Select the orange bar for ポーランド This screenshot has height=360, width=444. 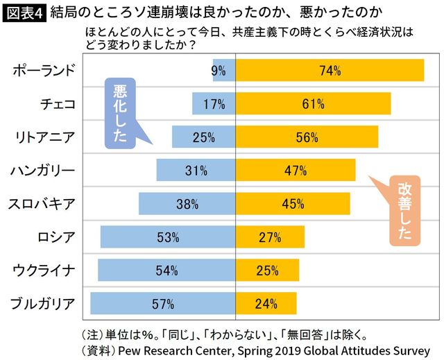click(x=330, y=71)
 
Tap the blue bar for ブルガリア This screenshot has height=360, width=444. click(x=163, y=303)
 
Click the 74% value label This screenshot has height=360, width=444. click(x=330, y=71)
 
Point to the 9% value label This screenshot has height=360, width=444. click(x=219, y=71)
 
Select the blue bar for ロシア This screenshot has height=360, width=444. click(x=168, y=237)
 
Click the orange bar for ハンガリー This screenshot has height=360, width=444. click(x=296, y=171)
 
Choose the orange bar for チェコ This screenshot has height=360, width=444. click(x=314, y=104)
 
